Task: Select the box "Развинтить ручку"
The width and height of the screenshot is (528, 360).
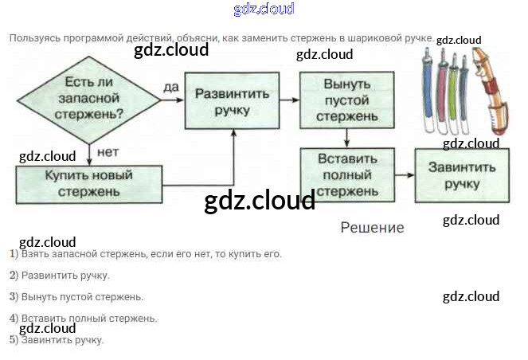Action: click(x=233, y=100)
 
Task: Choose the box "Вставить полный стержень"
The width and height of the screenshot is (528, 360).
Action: click(x=346, y=174)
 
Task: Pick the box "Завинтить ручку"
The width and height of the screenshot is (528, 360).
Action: click(x=462, y=175)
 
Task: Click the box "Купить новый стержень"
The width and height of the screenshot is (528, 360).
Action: click(x=89, y=183)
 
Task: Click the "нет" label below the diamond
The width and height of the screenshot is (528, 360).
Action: click(x=108, y=151)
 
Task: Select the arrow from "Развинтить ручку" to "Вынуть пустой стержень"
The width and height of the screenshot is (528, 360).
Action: click(x=291, y=100)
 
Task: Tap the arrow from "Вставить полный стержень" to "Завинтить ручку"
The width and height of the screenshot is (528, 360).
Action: click(x=405, y=175)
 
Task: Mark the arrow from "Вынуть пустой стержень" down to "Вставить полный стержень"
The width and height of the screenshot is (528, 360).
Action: click(x=346, y=139)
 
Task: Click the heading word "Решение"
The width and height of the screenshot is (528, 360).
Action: click(x=372, y=228)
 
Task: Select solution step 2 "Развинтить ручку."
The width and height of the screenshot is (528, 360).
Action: click(x=60, y=276)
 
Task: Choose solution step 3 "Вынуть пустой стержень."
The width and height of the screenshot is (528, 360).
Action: click(x=76, y=297)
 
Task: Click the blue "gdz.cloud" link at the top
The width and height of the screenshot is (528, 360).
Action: click(x=264, y=10)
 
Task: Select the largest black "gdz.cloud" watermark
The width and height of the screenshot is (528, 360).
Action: click(x=260, y=202)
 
